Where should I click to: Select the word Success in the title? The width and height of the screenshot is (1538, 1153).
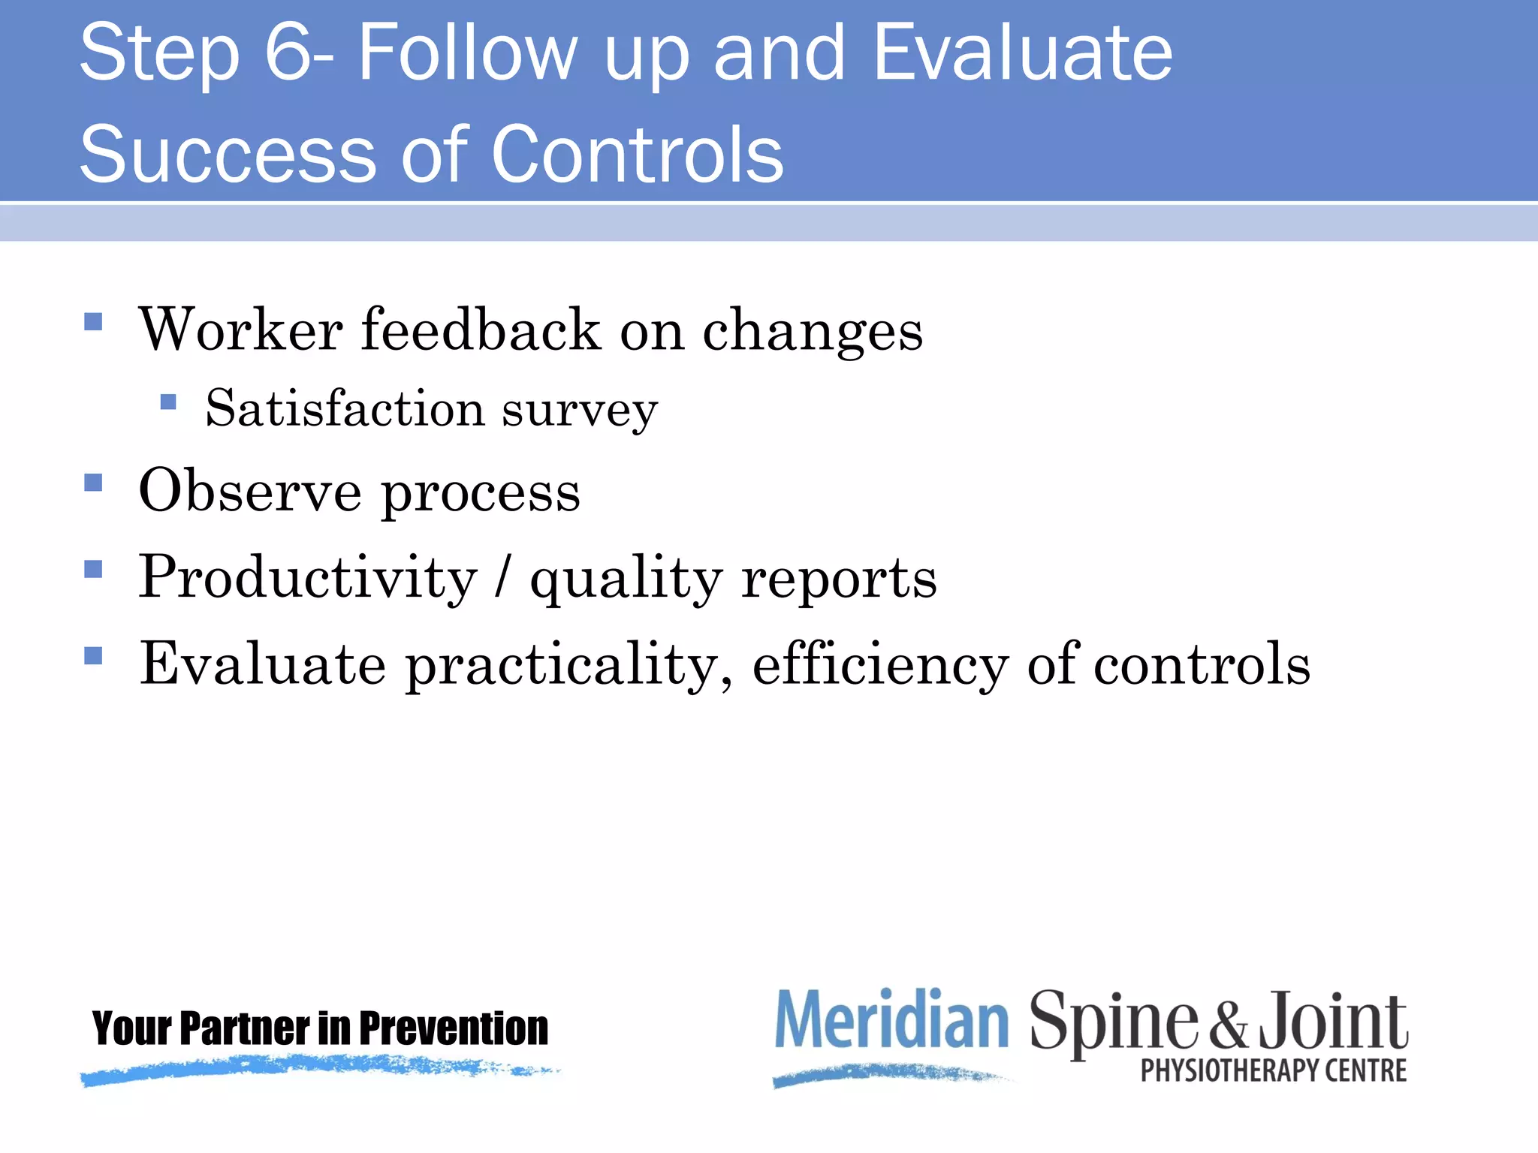click(x=228, y=155)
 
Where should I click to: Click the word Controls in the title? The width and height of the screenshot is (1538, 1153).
click(x=638, y=155)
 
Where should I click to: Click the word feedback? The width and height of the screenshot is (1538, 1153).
click(x=481, y=330)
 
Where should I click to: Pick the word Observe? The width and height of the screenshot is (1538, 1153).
click(x=250, y=491)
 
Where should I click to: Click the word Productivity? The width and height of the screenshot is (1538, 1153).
click(x=308, y=578)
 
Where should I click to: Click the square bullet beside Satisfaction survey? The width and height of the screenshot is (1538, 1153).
click(x=168, y=402)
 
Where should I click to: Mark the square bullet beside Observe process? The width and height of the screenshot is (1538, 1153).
click(x=93, y=482)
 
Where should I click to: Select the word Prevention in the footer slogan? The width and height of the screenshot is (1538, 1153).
click(x=454, y=1028)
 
